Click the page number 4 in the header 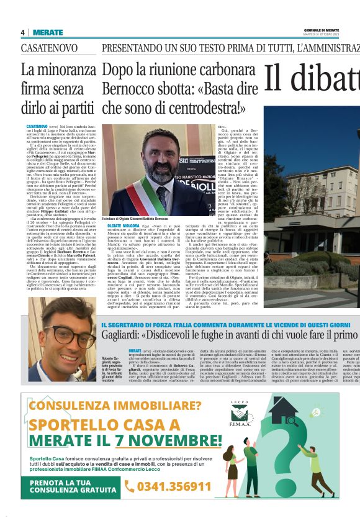23,32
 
